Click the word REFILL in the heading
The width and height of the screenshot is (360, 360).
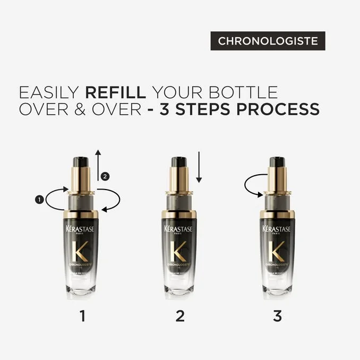[116, 91]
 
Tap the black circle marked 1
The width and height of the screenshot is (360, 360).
[39, 200]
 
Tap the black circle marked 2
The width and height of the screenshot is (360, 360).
[105, 177]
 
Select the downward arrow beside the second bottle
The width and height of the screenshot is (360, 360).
[198, 167]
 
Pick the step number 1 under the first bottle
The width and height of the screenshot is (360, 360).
[82, 316]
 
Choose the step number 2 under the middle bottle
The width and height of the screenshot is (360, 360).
[180, 316]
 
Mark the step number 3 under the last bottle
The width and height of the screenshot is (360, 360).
[277, 316]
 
